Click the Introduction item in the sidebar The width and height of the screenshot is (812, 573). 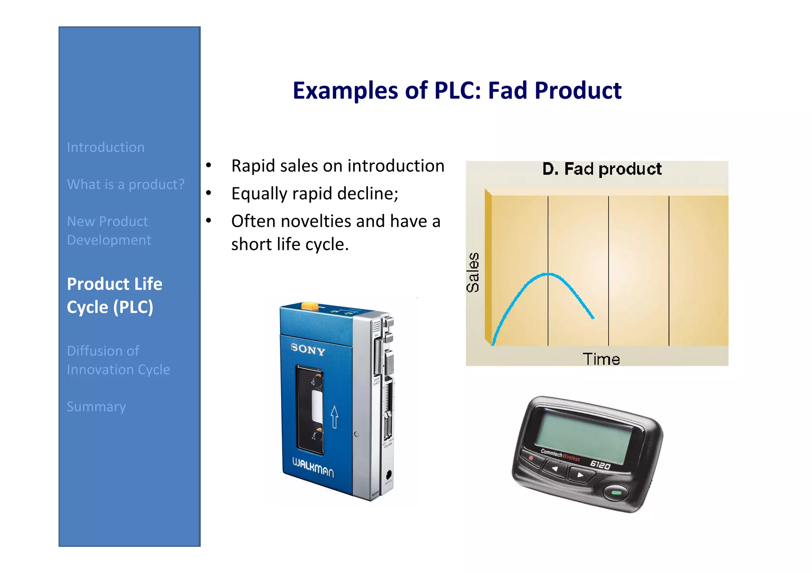(x=105, y=147)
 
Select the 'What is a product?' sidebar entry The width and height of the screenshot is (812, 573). (x=126, y=184)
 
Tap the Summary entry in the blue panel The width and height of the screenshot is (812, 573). (x=96, y=407)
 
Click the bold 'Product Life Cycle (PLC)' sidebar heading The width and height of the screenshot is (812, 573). (x=115, y=295)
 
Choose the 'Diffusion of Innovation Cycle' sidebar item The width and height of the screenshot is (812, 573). (x=118, y=360)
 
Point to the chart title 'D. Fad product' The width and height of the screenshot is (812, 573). (x=601, y=169)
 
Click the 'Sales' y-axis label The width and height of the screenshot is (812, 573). (x=473, y=272)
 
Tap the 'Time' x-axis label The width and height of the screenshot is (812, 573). (x=601, y=359)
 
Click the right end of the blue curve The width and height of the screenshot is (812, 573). (x=593, y=318)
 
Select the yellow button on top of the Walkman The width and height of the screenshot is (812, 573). (x=310, y=306)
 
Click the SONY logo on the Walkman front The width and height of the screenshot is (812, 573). (x=308, y=349)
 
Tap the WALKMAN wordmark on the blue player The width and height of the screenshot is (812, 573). (x=313, y=468)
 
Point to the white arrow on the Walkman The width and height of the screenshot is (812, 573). (x=334, y=417)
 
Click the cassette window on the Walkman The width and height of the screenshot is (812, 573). (x=310, y=410)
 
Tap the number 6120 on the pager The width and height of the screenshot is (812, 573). (x=600, y=465)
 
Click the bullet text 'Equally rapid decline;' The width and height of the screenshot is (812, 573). (x=315, y=194)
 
